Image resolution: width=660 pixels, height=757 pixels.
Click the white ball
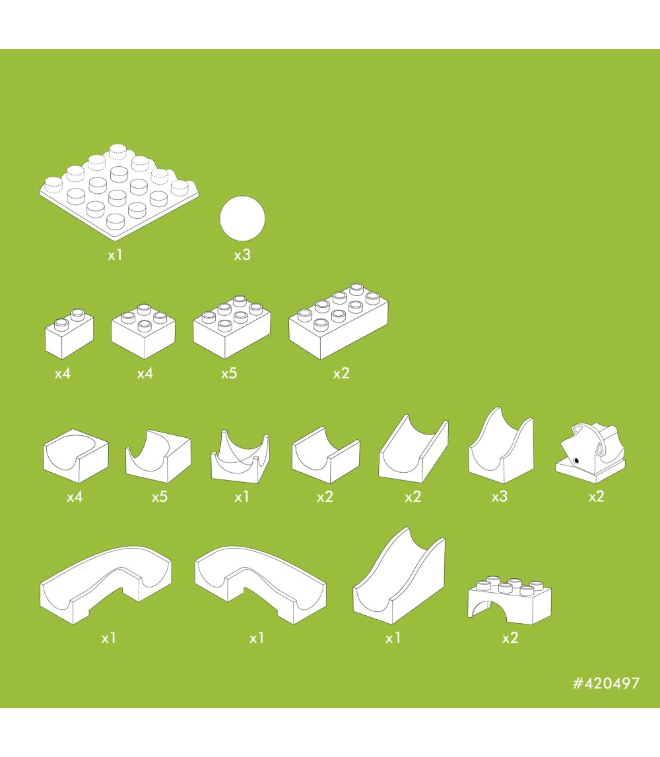(242, 218)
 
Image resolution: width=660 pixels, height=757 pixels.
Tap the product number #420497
(606, 683)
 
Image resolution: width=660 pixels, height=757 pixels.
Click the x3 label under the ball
(242, 255)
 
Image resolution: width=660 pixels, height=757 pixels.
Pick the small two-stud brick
(69, 334)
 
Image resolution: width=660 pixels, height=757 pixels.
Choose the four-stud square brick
(143, 331)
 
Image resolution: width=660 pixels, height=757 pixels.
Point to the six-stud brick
(232, 327)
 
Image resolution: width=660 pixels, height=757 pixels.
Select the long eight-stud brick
(338, 321)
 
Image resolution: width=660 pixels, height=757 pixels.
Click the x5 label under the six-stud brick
(229, 374)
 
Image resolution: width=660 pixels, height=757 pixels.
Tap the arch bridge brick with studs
(510, 599)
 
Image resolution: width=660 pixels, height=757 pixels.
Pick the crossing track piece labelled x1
(240, 456)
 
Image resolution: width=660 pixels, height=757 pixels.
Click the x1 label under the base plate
(115, 255)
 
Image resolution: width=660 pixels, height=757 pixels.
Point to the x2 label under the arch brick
(510, 638)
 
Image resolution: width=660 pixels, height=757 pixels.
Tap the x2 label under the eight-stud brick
(341, 374)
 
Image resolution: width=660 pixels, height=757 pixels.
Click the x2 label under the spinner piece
(596, 497)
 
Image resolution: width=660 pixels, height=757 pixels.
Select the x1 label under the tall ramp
(393, 638)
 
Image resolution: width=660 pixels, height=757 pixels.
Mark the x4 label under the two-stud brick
(62, 374)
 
